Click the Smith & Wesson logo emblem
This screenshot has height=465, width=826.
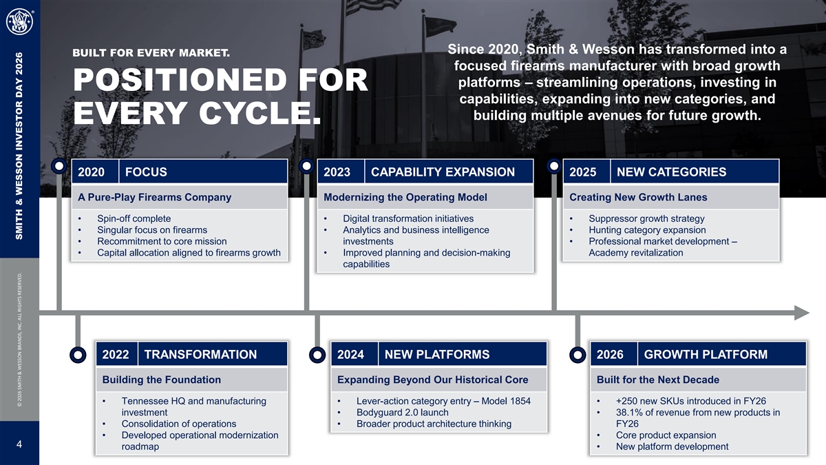(x=19, y=23)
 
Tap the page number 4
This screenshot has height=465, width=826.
(x=19, y=444)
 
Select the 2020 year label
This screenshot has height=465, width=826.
(x=91, y=172)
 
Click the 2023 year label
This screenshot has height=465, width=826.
(x=337, y=172)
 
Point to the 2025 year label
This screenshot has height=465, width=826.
(x=582, y=172)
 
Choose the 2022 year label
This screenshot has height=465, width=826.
(x=116, y=354)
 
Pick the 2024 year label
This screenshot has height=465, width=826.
(x=350, y=354)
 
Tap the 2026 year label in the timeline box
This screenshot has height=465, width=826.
(x=610, y=354)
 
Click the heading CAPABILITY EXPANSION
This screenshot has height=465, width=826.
(x=443, y=172)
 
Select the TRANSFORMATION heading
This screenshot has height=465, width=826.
(x=200, y=354)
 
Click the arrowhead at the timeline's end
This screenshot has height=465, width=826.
(x=802, y=313)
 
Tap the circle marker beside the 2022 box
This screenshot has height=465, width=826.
(x=78, y=355)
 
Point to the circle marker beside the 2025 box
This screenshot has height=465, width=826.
(x=554, y=166)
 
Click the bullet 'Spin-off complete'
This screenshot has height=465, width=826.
(x=134, y=218)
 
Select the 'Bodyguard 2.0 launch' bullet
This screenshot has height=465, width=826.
(x=402, y=412)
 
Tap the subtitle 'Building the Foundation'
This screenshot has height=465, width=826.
(x=162, y=380)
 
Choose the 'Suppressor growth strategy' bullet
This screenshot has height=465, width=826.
(x=646, y=218)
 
